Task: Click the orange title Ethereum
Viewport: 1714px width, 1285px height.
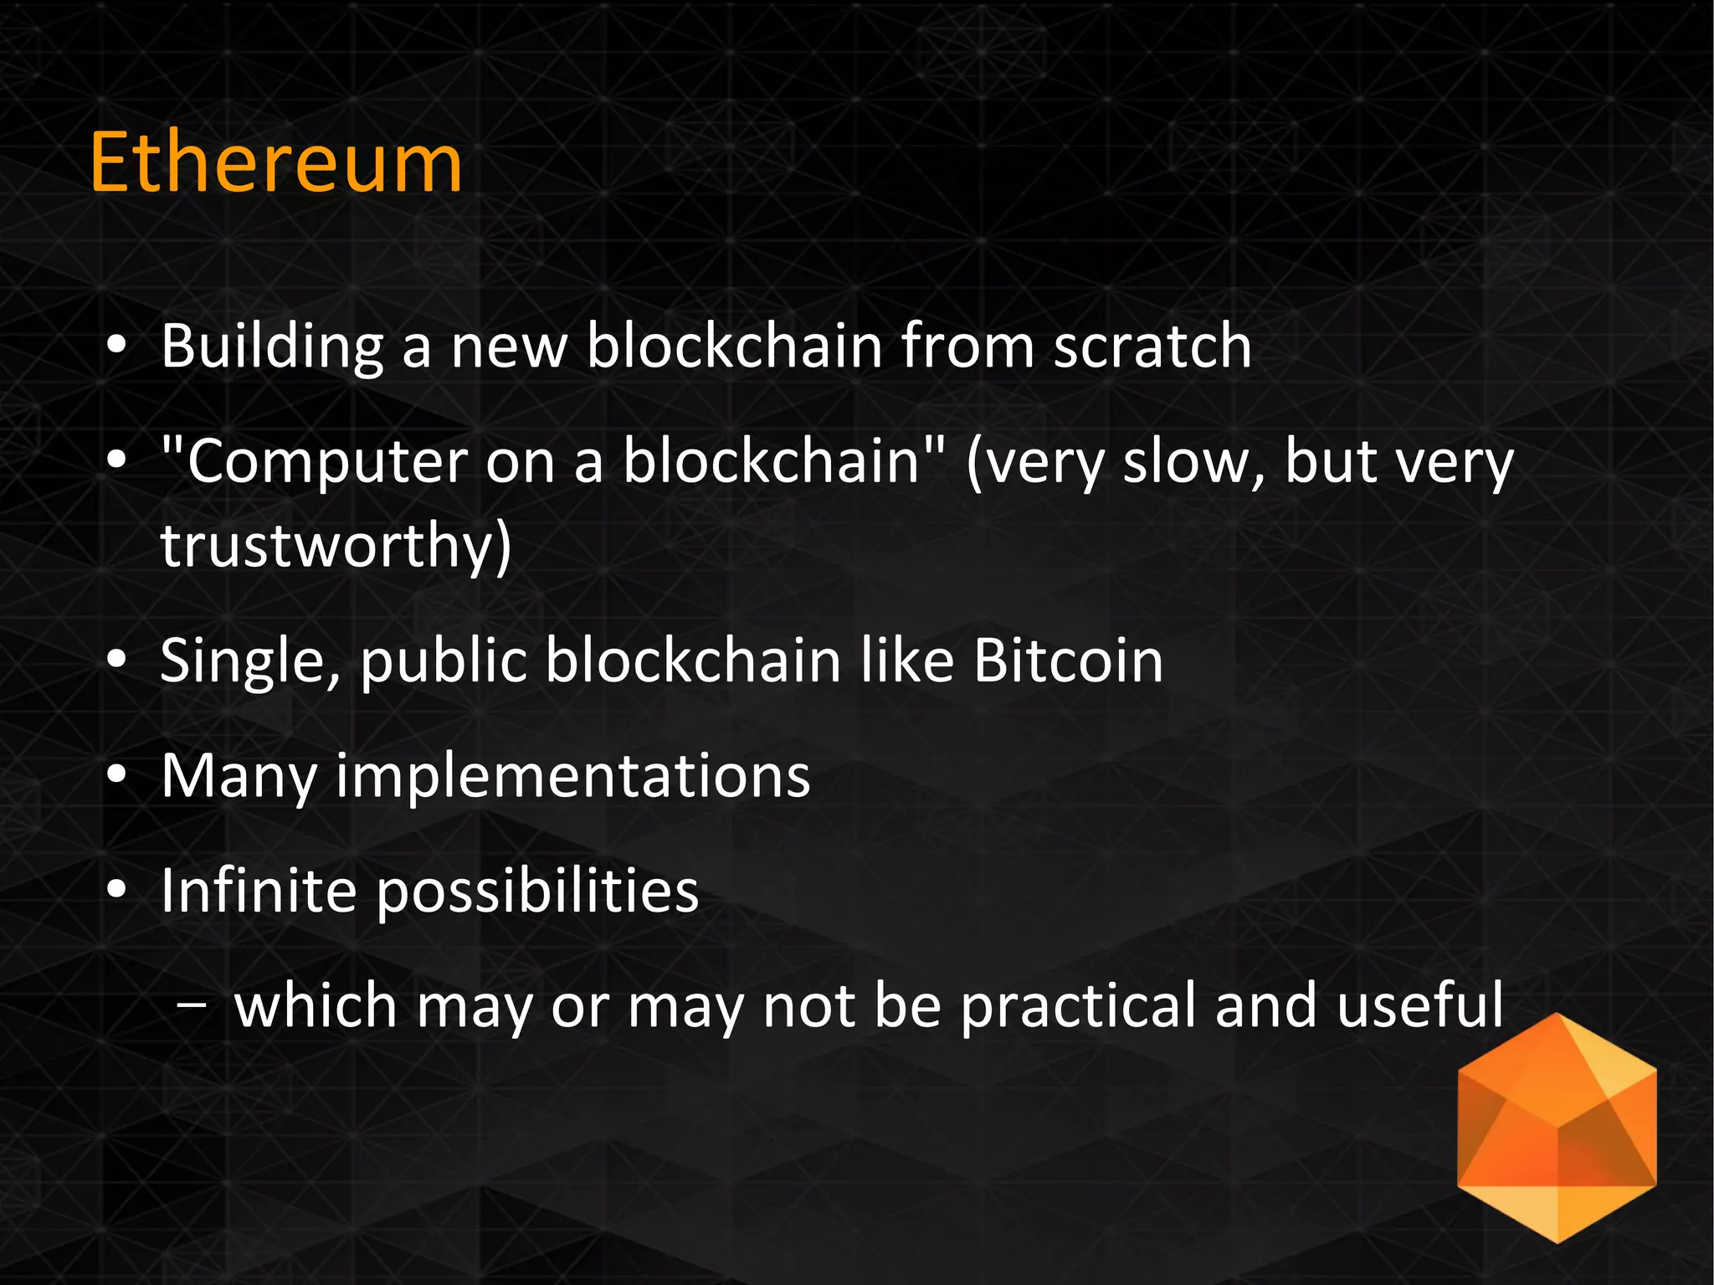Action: point(275,162)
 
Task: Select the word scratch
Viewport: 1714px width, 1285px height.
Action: point(1152,345)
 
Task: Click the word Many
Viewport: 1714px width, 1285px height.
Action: point(239,776)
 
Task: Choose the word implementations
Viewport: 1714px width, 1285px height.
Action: point(573,776)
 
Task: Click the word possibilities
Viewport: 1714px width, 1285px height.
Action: point(537,891)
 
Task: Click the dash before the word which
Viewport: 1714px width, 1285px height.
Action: point(192,1008)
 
